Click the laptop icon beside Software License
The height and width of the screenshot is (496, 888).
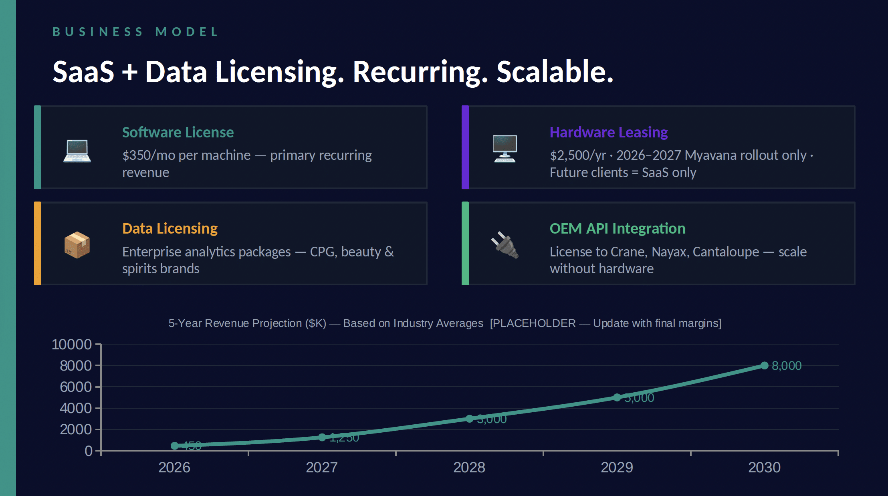[77, 151]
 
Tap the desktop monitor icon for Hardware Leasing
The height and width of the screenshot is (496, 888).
[505, 148]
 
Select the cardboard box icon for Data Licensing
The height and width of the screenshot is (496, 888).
[77, 245]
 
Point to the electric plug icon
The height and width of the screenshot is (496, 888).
[505, 245]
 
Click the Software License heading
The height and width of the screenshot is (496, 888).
[178, 132]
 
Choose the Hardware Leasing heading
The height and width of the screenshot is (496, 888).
[608, 132]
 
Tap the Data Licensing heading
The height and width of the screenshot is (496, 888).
[170, 228]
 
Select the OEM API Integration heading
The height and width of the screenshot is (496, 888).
[617, 228]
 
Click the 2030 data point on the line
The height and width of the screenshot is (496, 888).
[764, 365]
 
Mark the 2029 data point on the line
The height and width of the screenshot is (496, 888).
[617, 397]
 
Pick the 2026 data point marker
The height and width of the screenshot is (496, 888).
[174, 446]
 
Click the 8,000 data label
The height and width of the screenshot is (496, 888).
[786, 366]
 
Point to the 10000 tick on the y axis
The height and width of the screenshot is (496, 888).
[72, 344]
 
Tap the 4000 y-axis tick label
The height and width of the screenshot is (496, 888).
[76, 408]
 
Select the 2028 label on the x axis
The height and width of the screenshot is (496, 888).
[469, 468]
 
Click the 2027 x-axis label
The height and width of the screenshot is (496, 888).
[321, 468]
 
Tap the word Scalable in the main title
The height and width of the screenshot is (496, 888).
[555, 72]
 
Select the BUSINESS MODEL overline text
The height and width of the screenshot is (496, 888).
[135, 32]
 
